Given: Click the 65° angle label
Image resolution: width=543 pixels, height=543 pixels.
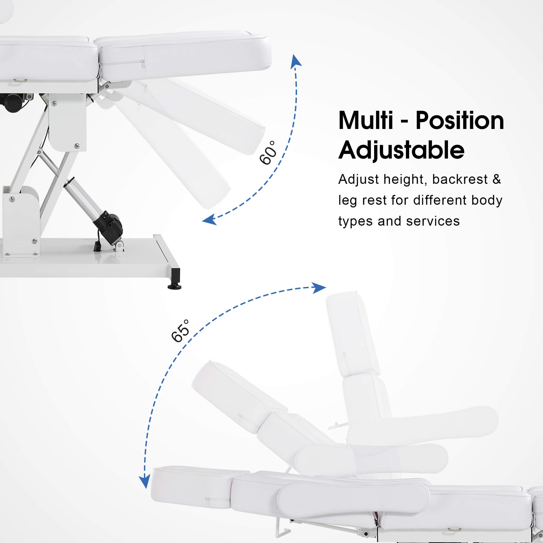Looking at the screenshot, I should (x=180, y=331).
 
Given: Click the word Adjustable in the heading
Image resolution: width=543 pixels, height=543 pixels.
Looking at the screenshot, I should (x=401, y=150).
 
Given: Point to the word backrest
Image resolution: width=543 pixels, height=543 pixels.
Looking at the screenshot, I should (x=460, y=179).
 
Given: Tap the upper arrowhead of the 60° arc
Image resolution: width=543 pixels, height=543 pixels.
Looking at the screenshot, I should (x=296, y=61).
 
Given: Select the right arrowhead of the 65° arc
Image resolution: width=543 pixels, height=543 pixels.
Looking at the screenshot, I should (x=319, y=288).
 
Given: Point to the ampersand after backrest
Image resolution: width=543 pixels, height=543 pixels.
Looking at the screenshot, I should (x=497, y=179).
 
